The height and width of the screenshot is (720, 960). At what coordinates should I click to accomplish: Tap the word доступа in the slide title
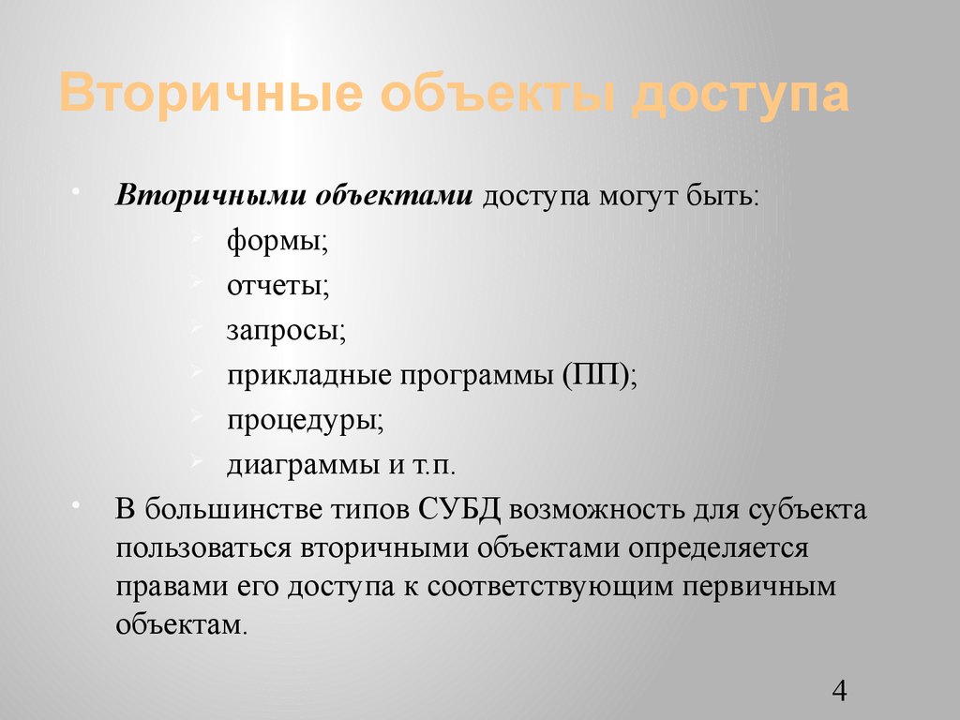click(740, 97)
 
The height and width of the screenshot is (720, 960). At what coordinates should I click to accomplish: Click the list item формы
click(277, 243)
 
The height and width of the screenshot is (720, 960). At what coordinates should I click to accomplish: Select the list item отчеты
click(277, 287)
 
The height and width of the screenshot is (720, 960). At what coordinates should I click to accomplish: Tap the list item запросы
click(286, 331)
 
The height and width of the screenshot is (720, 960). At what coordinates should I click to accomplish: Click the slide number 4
click(839, 692)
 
